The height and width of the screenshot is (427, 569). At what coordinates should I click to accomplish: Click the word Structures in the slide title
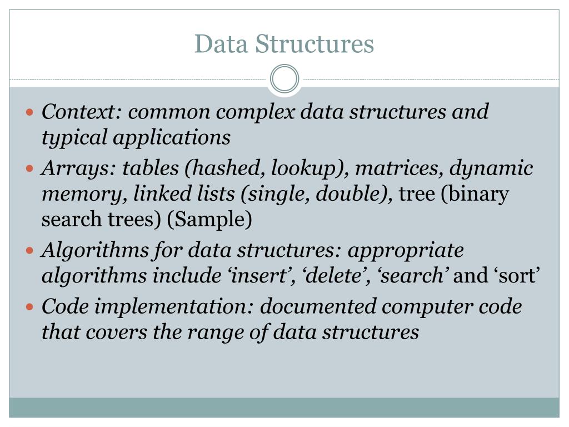315,44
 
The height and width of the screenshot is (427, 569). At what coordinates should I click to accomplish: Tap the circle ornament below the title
284,78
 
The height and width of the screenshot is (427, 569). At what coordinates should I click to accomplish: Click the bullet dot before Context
31,112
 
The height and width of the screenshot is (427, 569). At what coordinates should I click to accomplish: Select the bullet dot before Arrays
31,168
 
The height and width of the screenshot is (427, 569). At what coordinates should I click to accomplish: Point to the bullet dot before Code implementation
31,306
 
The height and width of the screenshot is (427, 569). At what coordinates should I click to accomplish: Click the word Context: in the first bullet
82,112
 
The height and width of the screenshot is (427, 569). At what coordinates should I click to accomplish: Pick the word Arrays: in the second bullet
78,168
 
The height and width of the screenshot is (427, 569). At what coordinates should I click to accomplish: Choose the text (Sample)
209,220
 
